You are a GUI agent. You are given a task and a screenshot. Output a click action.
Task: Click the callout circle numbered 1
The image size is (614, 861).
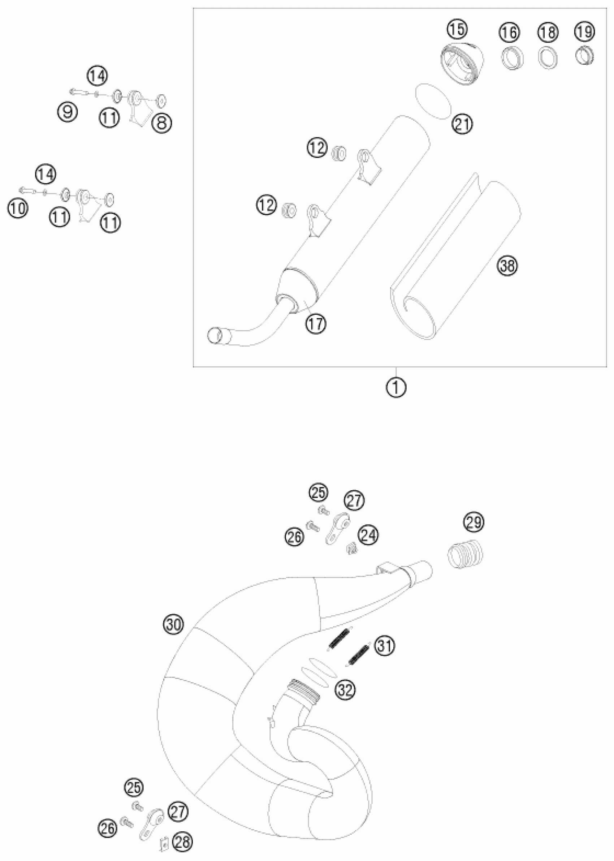tap(396, 388)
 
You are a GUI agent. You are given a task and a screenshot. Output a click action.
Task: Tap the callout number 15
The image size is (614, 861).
tap(457, 29)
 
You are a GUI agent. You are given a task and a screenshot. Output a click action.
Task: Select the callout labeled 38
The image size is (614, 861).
tap(507, 266)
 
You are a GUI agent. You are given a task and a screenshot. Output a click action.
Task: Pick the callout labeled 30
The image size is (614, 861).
tap(173, 624)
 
